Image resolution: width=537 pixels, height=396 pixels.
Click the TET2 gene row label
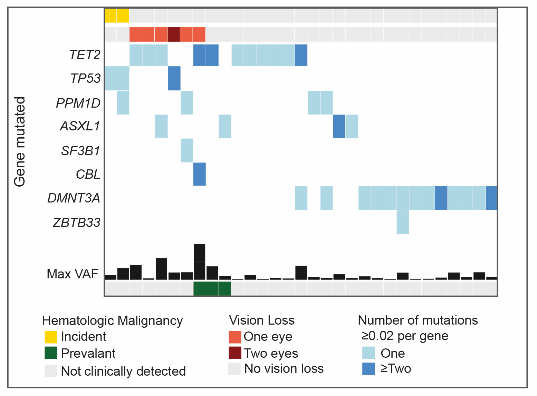coord(85,55)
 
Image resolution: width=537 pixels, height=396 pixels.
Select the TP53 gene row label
coord(85,79)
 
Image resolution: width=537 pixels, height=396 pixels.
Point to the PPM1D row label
coord(78,103)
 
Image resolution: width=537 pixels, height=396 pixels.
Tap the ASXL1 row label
coord(80,126)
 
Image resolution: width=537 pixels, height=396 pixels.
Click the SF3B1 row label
coord(80,151)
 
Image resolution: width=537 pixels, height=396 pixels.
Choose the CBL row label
coord(88,175)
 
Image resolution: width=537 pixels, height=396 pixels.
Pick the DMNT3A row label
coord(74,198)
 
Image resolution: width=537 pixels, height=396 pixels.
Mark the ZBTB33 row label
coord(76,223)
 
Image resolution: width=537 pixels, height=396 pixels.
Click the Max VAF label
coord(73,274)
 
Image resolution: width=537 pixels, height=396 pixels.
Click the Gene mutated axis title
coord(20,142)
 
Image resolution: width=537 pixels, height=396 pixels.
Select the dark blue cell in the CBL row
coord(200,174)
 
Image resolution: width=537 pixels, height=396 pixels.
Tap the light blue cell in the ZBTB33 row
coord(403,222)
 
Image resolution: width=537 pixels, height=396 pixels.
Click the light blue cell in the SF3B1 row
coord(187,150)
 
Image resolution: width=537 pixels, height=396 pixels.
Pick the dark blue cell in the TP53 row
coord(174,78)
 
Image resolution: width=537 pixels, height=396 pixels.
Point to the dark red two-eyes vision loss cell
coord(174,34)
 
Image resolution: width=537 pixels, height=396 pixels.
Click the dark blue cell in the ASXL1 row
coord(339,126)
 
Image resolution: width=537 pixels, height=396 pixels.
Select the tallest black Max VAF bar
coord(200,262)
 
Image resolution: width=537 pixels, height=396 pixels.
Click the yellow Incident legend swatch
coord(51,337)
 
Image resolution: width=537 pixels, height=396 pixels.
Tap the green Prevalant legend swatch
coord(51,353)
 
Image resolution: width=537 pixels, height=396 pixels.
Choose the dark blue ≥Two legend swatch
coord(368,369)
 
